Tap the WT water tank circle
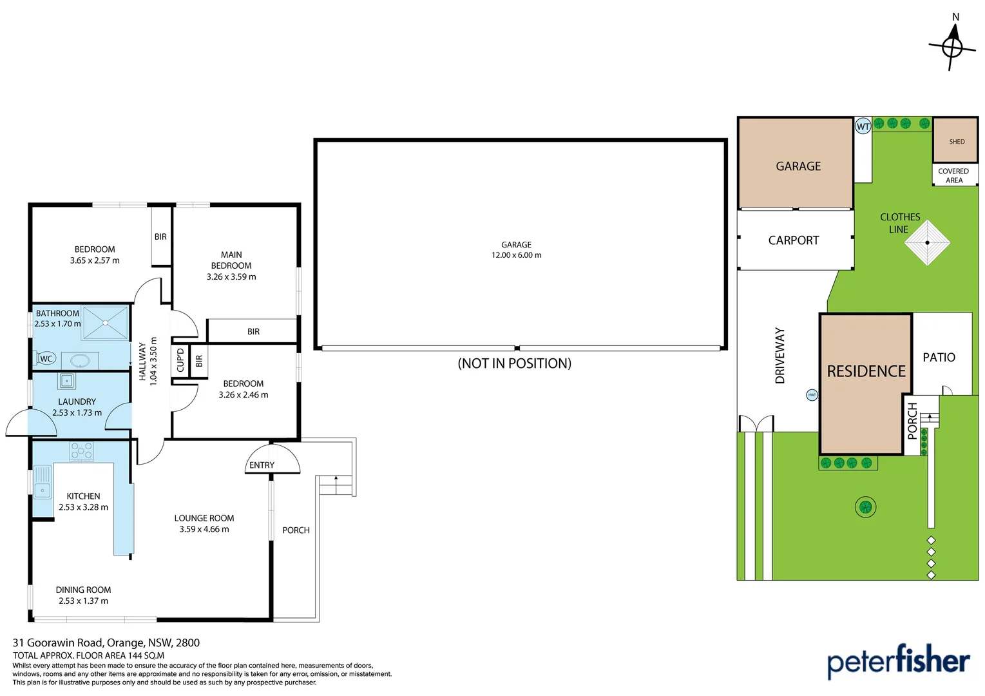pos(863,126)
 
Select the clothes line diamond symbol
pos(927,243)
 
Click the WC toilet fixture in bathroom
pos(45,358)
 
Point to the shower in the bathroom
pos(106,322)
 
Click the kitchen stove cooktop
pos(82,450)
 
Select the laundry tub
pos(67,381)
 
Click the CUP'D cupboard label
pos(180,360)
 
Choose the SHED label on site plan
pos(957,142)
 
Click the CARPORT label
pos(794,240)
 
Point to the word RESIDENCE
pos(866,371)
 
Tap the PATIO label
pos(939,358)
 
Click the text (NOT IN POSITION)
pos(514,363)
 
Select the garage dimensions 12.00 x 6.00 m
pos(517,255)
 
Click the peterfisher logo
pos(898,661)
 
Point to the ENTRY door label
pos(262,465)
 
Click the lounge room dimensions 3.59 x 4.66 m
pos(204,529)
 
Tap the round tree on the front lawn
pos(865,507)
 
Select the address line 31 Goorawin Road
pos(106,643)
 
